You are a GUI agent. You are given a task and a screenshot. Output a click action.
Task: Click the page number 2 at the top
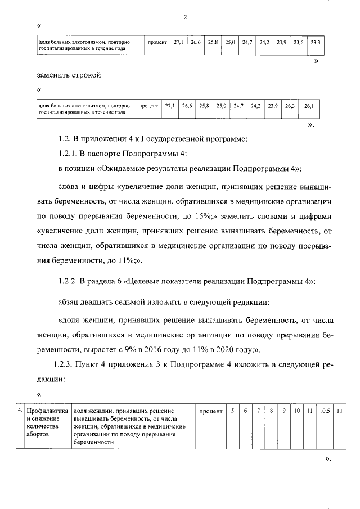[185, 17]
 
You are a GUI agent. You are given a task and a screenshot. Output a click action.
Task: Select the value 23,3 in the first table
[315, 43]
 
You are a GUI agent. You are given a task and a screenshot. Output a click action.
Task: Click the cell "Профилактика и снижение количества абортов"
[47, 423]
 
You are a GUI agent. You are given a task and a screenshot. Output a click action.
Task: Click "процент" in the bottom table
[210, 411]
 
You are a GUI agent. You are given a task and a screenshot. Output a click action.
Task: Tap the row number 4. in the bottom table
[21, 411]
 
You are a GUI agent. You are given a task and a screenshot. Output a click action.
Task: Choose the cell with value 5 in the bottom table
[232, 411]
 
